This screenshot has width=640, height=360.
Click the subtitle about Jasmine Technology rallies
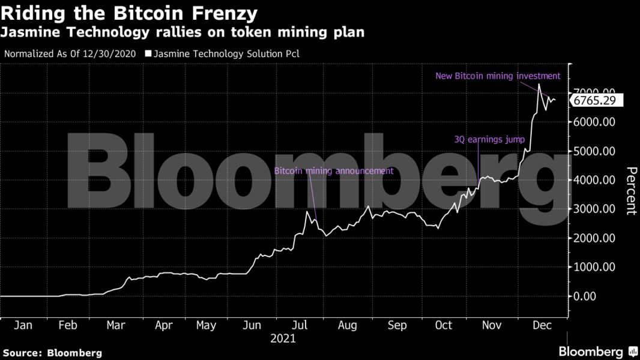(184, 32)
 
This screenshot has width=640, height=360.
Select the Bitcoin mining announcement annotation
(334, 171)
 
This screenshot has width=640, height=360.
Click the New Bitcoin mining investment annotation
(498, 76)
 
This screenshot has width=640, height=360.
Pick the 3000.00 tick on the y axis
(593, 209)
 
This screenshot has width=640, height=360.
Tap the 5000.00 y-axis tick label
(593, 151)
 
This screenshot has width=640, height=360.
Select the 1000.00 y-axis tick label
(593, 267)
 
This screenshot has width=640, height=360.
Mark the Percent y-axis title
(631, 191)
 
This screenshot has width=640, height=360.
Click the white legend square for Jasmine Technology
(148, 54)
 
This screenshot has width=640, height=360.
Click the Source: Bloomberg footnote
(53, 353)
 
